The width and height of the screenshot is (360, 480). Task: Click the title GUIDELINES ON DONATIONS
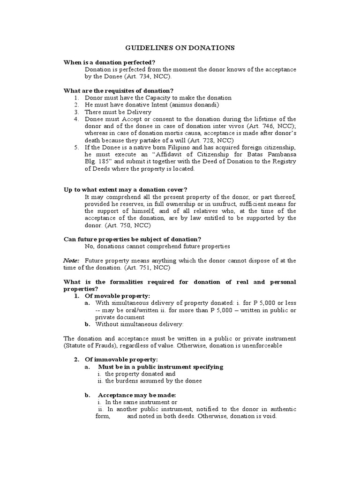point(180,48)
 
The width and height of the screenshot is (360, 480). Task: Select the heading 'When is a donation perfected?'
point(110,62)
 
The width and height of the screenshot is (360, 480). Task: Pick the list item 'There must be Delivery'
point(118,112)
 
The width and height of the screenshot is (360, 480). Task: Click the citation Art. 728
point(202,141)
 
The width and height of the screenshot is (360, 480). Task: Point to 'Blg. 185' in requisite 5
point(97,162)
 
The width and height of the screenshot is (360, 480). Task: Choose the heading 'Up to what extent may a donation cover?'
point(125,189)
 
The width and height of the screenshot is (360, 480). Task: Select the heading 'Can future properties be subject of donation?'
point(132,239)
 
